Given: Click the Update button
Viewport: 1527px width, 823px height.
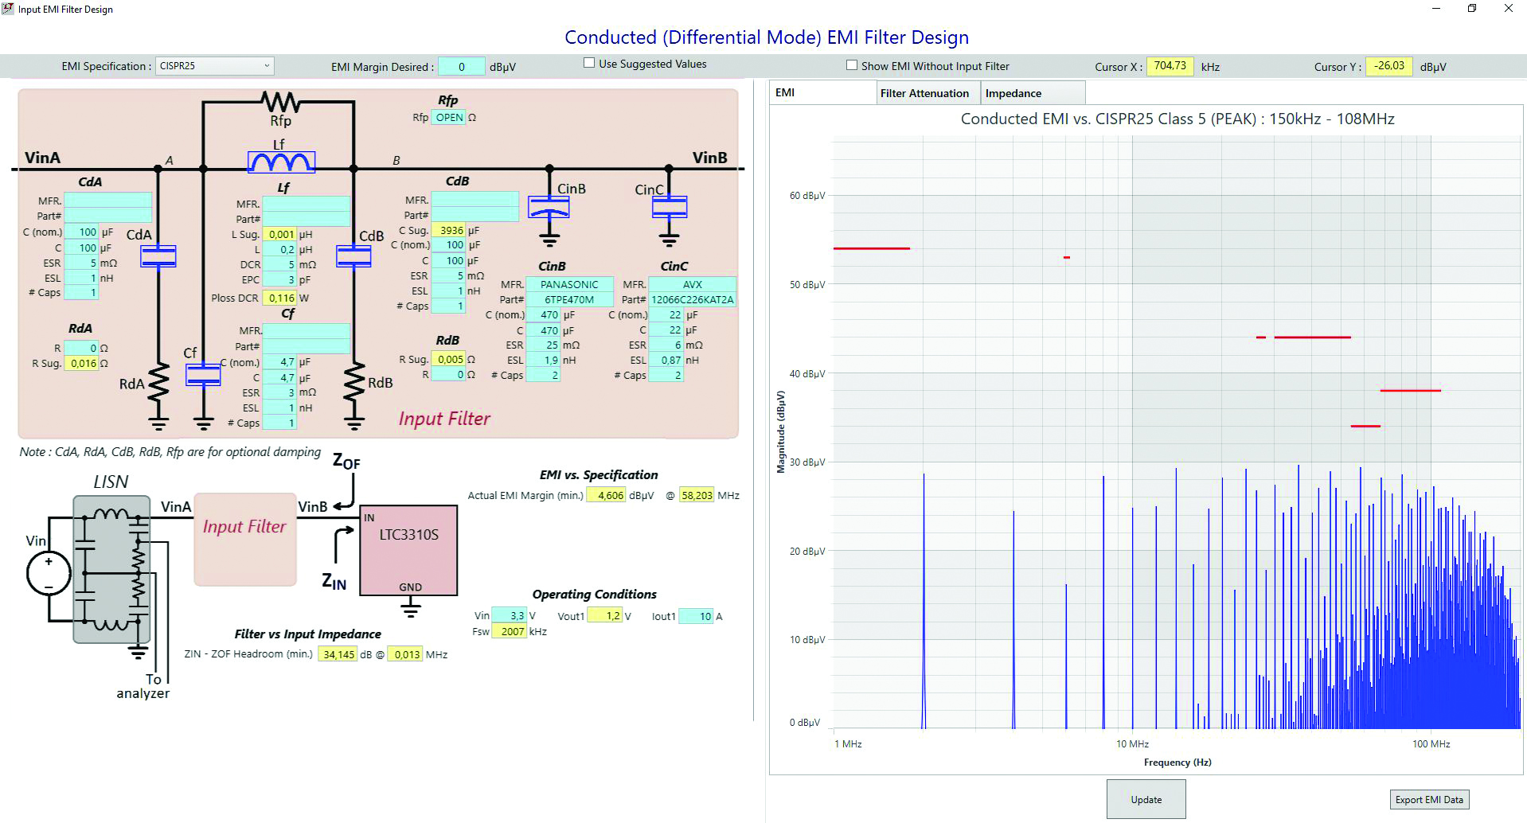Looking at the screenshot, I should (1146, 799).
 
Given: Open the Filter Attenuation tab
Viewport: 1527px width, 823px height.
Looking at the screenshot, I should (924, 93).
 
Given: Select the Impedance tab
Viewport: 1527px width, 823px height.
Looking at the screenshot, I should (1013, 93).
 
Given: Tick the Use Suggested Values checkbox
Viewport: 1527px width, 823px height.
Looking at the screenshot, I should (589, 63).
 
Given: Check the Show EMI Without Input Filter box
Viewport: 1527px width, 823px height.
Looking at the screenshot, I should (852, 65).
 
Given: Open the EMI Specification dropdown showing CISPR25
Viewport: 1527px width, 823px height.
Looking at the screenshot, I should (214, 66).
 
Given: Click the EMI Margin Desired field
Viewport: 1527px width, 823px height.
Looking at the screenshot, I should (461, 67).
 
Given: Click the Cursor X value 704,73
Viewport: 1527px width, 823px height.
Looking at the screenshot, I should (1170, 66).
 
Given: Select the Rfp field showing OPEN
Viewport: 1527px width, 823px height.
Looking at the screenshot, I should (449, 118).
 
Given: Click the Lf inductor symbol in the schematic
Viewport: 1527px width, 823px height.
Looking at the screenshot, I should (281, 162).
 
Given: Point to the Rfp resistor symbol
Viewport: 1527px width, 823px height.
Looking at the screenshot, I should (280, 102).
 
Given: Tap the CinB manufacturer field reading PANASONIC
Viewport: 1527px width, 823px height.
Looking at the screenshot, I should (569, 284).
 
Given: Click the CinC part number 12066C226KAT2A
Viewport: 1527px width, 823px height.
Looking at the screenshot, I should (692, 300).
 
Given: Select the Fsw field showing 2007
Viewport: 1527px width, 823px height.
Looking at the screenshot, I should (509, 632).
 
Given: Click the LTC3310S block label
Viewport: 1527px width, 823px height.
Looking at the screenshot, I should (408, 535).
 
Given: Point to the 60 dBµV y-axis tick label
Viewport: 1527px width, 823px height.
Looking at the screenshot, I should (806, 196).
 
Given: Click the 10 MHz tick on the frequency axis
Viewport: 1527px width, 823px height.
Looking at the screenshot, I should (1132, 744).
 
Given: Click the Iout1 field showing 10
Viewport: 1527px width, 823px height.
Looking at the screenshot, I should (696, 617).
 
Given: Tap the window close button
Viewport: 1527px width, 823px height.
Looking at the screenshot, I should (1508, 9).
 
